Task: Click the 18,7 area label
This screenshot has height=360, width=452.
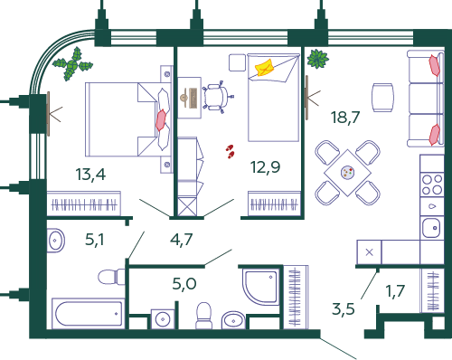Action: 345,117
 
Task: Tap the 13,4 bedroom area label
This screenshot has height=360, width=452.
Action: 90,175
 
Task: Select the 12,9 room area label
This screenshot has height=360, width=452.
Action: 265,166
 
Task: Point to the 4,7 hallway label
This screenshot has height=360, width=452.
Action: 181,240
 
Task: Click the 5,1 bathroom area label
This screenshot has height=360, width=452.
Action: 95,240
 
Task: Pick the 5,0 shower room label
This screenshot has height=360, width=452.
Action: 184,283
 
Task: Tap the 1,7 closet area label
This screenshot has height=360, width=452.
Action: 395,291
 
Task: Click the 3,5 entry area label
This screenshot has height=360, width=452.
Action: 344,309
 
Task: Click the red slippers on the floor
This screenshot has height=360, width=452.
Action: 231,151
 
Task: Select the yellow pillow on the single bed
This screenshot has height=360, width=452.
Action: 264,68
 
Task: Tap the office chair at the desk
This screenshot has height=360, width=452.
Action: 218,97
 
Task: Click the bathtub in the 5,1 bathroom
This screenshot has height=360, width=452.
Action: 88,313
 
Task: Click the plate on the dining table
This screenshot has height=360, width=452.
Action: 347,173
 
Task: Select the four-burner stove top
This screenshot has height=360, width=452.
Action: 432,185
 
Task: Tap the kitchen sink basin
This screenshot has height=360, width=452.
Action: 431,228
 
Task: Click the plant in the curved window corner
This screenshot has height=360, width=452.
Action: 72,64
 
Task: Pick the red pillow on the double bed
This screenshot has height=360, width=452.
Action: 161,120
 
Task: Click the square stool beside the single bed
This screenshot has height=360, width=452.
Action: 237,62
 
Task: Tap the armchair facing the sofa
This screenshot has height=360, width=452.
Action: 382,98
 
